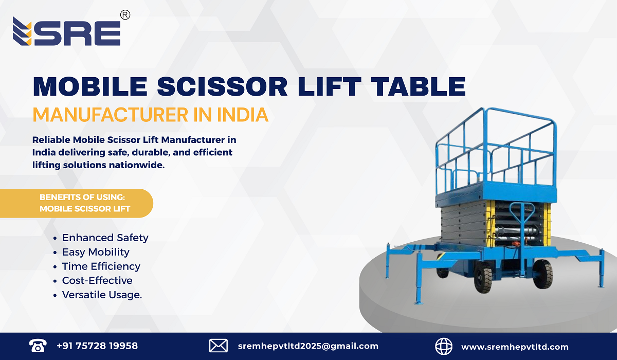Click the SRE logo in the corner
pyautogui.click(x=67, y=32)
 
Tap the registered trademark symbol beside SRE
pyautogui.click(x=124, y=15)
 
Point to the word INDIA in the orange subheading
pyautogui.click(x=240, y=115)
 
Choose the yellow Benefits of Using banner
pyautogui.click(x=77, y=203)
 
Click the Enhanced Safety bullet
pyautogui.click(x=105, y=238)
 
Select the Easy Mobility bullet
pyautogui.click(x=96, y=252)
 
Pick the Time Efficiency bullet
pyautogui.click(x=101, y=266)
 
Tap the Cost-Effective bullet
pyautogui.click(x=97, y=280)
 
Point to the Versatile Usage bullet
pyautogui.click(x=102, y=295)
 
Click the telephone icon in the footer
pyautogui.click(x=38, y=346)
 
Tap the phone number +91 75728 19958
pyautogui.click(x=97, y=346)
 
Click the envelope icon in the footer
pyautogui.click(x=218, y=346)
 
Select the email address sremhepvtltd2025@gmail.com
pyautogui.click(x=308, y=346)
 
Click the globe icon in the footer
pyautogui.click(x=444, y=346)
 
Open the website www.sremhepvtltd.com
pyautogui.click(x=515, y=347)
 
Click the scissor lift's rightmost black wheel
pyautogui.click(x=542, y=274)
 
